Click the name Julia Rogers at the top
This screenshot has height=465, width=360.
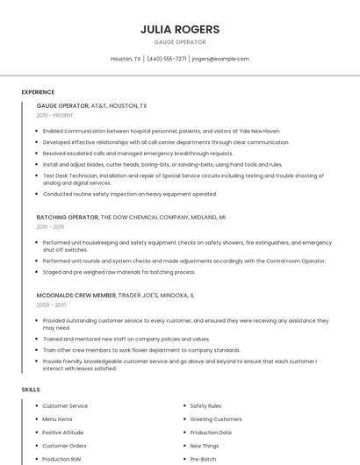pyautogui.click(x=180, y=29)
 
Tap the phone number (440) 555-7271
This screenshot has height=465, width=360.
pyautogui.click(x=167, y=59)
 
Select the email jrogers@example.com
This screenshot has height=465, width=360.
pyautogui.click(x=220, y=59)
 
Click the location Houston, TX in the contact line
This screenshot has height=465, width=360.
pyautogui.click(x=126, y=59)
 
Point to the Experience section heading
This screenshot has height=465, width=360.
pyautogui.click(x=38, y=92)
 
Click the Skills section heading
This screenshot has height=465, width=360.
pyautogui.click(x=31, y=389)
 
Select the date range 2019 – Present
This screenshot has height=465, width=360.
pyautogui.click(x=55, y=115)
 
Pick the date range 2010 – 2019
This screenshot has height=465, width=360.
pyautogui.click(x=50, y=226)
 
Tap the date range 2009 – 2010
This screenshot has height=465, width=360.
pyautogui.click(x=51, y=305)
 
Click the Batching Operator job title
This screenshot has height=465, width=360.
pyautogui.click(x=68, y=217)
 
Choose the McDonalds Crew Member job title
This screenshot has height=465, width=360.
pyautogui.click(x=76, y=296)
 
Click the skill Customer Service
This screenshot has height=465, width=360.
pyautogui.click(x=65, y=406)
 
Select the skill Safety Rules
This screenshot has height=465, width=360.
pyautogui.click(x=205, y=406)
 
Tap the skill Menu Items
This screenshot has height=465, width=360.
pyautogui.click(x=57, y=419)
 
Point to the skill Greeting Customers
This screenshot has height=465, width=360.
pyautogui.click(x=215, y=419)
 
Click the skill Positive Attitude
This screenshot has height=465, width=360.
pyautogui.click(x=63, y=433)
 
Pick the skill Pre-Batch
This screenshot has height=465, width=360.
pyautogui.click(x=203, y=459)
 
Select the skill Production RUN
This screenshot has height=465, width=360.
pyautogui.click(x=61, y=459)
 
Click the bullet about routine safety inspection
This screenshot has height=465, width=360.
pyautogui.click(x=129, y=194)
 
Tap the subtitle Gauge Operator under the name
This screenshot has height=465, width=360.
pyautogui.click(x=180, y=41)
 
